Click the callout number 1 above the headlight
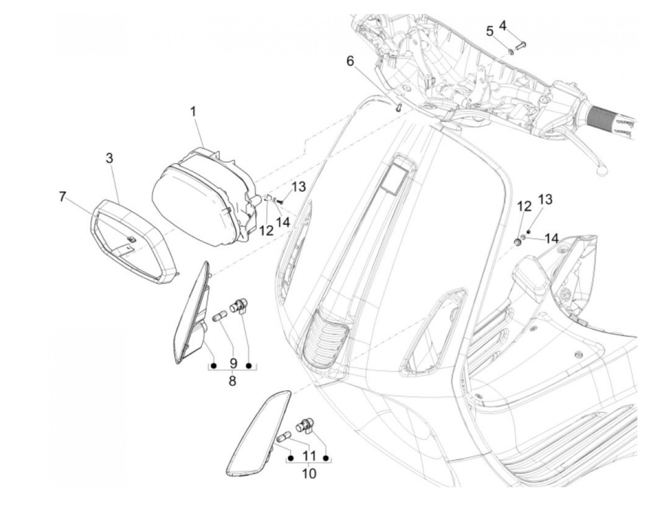click(192, 112)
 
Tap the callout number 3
click(110, 158)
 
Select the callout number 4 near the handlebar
click(503, 25)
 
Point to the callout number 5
click(490, 32)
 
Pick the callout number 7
click(62, 197)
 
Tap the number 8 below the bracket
click(232, 381)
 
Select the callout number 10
click(309, 473)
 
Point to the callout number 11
click(309, 454)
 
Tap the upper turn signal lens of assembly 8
click(192, 312)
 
